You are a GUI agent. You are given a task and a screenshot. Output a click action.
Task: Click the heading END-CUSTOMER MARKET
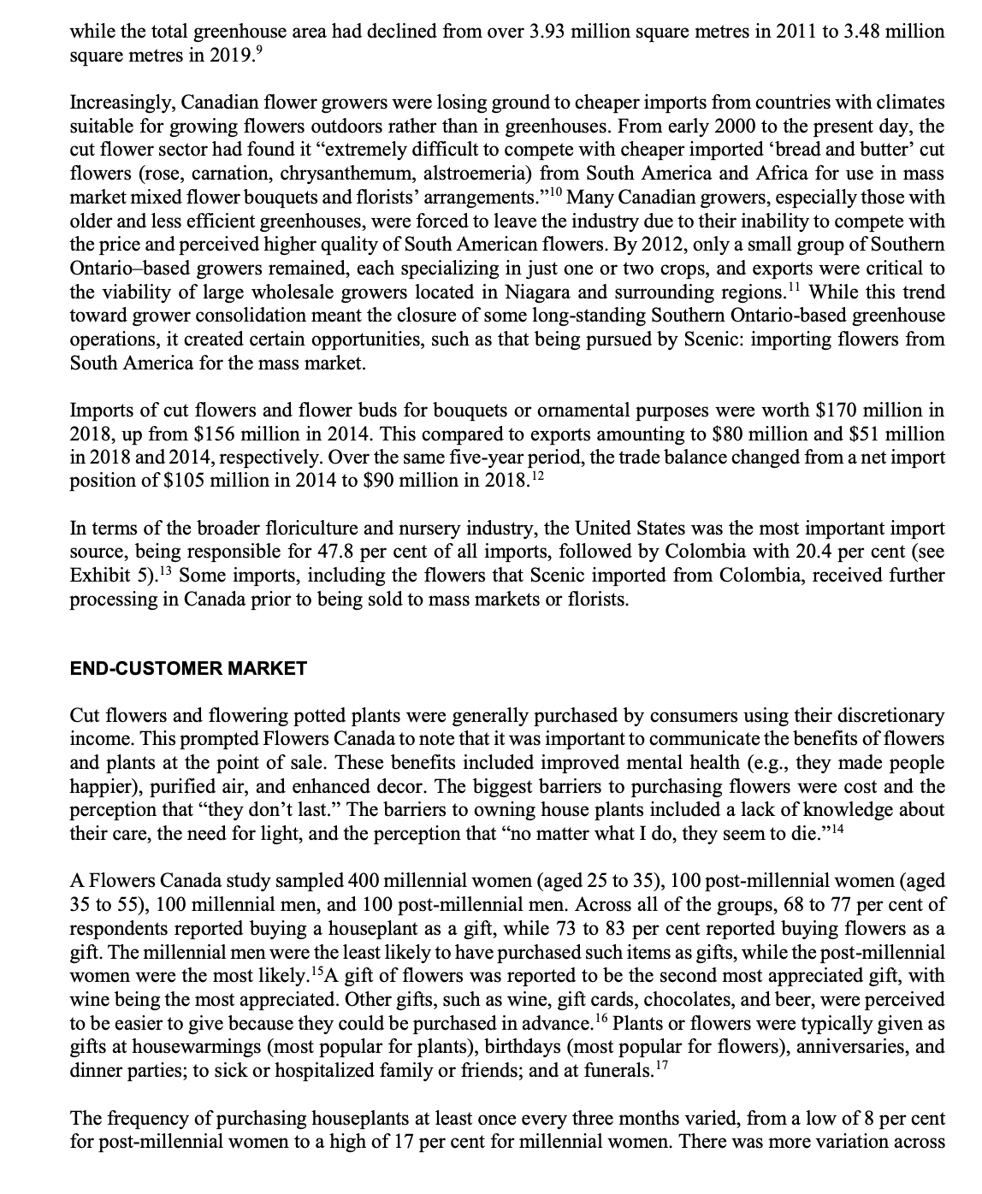click(187, 669)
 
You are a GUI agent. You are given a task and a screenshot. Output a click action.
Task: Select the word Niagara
click(565, 293)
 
